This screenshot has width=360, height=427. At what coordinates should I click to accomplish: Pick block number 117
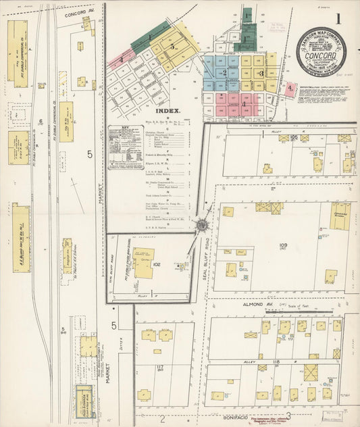coord(160,368)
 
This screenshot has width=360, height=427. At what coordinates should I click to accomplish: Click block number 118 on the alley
coord(276,363)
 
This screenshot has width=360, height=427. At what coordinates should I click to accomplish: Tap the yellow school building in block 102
coord(143,263)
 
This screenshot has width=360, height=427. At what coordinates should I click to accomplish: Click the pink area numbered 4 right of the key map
coord(290,89)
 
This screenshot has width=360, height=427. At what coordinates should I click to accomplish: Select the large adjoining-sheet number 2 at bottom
coord(162,418)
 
